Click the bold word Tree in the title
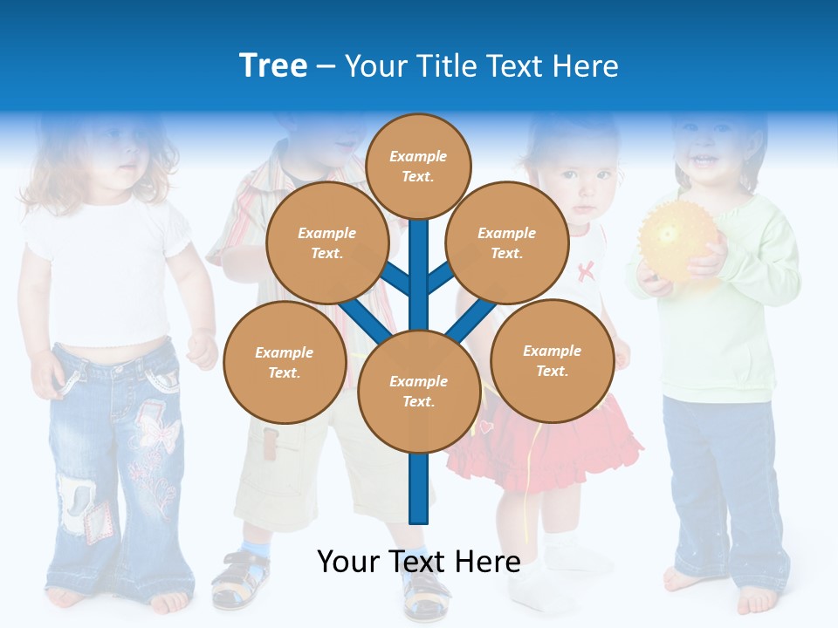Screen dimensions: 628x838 click(x=273, y=65)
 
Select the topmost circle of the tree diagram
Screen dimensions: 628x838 click(x=418, y=166)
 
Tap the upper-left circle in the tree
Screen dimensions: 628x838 click(x=327, y=242)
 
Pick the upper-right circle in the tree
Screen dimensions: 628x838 click(x=507, y=242)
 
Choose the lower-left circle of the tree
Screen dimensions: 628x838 click(x=285, y=362)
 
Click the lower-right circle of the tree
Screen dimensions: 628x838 click(x=552, y=360)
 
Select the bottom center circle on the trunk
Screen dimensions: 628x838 click(x=419, y=391)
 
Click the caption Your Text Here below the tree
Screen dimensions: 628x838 click(x=419, y=562)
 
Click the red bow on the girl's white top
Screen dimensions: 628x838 click(x=586, y=270)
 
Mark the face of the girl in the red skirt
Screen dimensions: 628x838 click(x=580, y=179)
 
